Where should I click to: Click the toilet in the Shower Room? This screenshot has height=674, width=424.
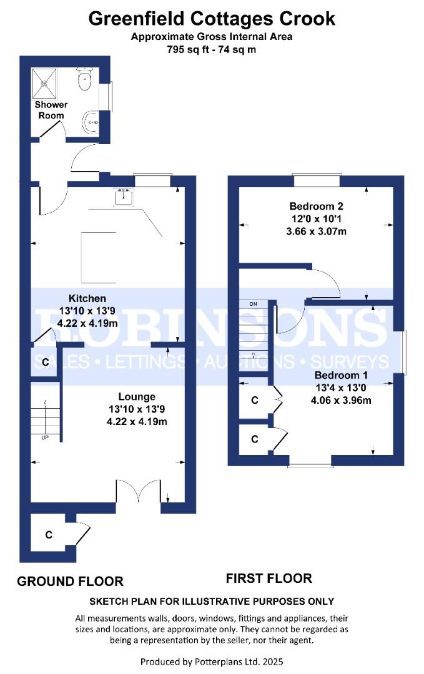[x=84, y=79]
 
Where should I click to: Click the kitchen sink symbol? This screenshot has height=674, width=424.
[x=124, y=196]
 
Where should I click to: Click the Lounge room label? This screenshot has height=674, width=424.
[x=137, y=397]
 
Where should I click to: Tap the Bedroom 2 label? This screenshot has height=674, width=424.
[x=317, y=206]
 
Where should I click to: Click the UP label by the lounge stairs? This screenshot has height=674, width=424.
[x=45, y=437]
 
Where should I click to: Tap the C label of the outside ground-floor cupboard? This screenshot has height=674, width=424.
[x=48, y=535]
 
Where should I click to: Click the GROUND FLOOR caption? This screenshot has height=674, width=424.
[x=70, y=582]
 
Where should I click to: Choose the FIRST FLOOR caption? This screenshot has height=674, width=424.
[x=269, y=579]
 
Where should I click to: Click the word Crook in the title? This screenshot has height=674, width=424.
[x=308, y=19]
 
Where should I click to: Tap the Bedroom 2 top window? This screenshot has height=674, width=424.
[x=317, y=181]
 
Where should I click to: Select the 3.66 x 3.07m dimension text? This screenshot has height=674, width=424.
[x=317, y=231]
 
